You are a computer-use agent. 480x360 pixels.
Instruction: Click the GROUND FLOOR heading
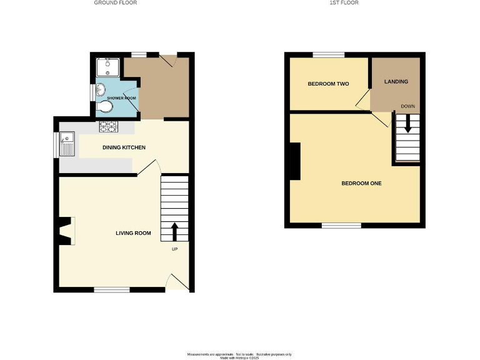pos(116,3)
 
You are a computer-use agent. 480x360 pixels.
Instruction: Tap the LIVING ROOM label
pos(134,233)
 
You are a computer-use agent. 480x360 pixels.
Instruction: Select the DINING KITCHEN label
pos(124,147)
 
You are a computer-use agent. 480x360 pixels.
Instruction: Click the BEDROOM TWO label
pos(328,84)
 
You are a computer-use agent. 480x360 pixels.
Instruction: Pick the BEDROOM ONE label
pos(361,184)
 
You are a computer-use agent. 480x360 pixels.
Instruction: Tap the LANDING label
pos(396,81)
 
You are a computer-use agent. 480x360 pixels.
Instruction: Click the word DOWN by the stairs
pos(408,106)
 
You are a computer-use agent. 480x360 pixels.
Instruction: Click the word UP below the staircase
pos(175,249)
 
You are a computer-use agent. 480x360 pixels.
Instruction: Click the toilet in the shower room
pos(106,107)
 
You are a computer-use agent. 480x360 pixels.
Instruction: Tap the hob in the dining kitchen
pos(109,127)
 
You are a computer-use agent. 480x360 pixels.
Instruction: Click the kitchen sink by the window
pos(67,144)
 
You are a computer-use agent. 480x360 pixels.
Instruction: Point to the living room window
pos(112,289)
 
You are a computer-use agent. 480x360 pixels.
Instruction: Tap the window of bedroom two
pos(328,56)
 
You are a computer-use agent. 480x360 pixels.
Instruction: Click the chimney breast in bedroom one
pos(294,161)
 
